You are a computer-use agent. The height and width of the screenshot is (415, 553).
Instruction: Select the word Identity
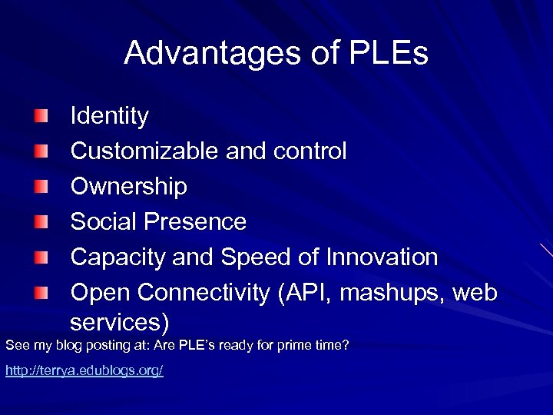pyautogui.click(x=109, y=117)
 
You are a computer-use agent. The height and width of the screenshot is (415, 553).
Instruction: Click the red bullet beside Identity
pyautogui.click(x=40, y=117)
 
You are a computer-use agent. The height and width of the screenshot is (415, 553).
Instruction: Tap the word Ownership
pyautogui.click(x=128, y=187)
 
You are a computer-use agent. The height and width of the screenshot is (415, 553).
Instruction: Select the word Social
pyautogui.click(x=103, y=222)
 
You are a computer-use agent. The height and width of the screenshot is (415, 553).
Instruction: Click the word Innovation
pyautogui.click(x=380, y=257)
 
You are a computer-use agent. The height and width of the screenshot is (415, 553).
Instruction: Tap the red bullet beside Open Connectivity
pyautogui.click(x=40, y=293)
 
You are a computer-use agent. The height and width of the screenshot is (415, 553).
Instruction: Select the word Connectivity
pyautogui.click(x=205, y=293)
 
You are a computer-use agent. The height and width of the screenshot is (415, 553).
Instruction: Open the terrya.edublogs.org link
pyautogui.click(x=84, y=371)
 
